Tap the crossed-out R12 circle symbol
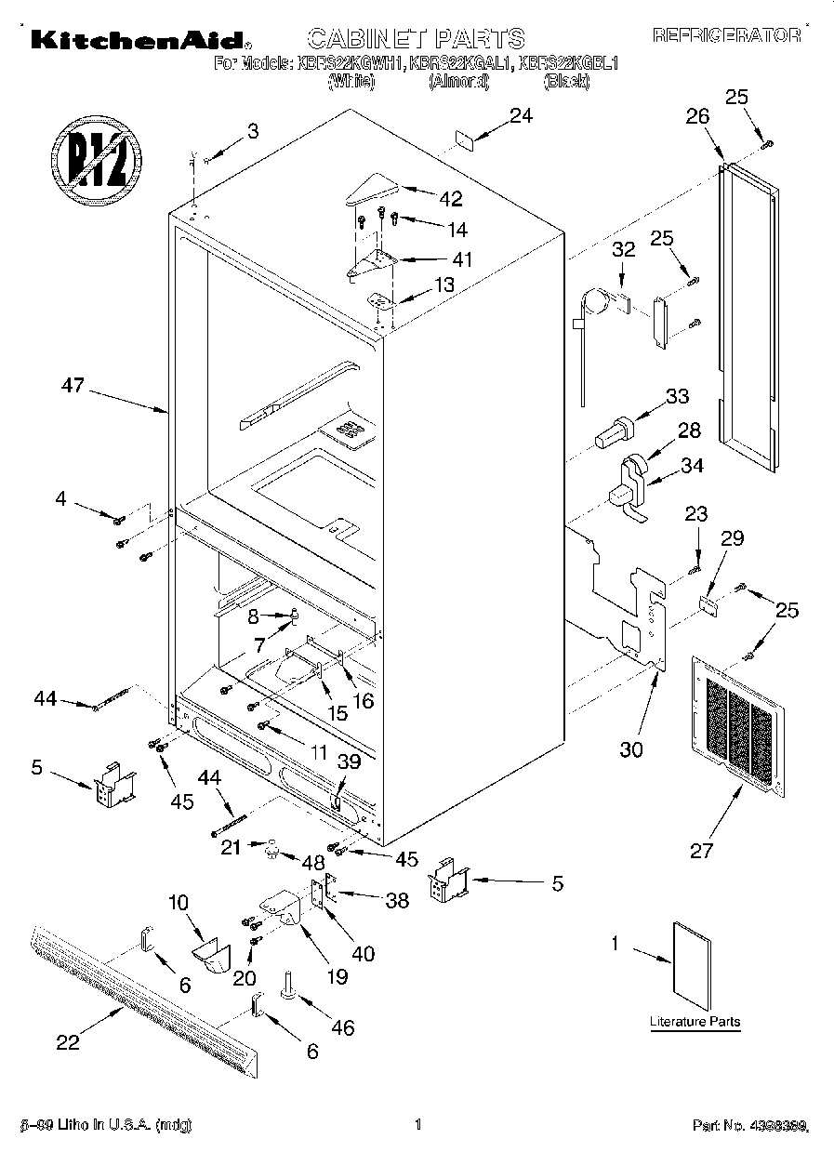point(96,154)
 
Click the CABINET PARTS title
point(416,38)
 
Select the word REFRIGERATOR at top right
point(726,35)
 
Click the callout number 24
point(522,116)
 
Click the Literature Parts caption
point(695,1022)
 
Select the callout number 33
point(677,397)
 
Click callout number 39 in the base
point(348,761)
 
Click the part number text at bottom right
point(751,1126)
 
